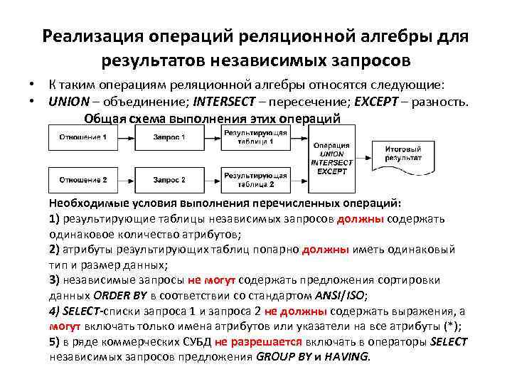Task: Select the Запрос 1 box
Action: point(169,137)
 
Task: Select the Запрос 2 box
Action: point(169,180)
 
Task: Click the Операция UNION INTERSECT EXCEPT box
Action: point(331,157)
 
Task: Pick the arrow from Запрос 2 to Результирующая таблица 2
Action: point(208,180)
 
